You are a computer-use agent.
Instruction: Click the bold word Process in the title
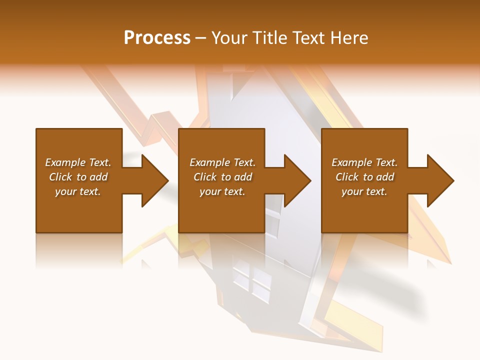pos(157,38)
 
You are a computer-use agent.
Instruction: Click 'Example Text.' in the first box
pos(78,162)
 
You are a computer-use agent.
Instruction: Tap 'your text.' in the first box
pos(78,191)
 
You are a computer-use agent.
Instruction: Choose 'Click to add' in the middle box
pos(222,177)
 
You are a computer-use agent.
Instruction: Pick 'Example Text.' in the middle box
pos(222,162)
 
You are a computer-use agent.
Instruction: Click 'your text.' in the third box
pos(364,191)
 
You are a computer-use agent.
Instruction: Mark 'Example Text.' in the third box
pos(364,162)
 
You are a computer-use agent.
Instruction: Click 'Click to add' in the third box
pos(364,177)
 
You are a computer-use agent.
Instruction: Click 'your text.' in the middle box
pos(222,191)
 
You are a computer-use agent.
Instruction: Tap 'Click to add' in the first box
pos(78,177)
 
